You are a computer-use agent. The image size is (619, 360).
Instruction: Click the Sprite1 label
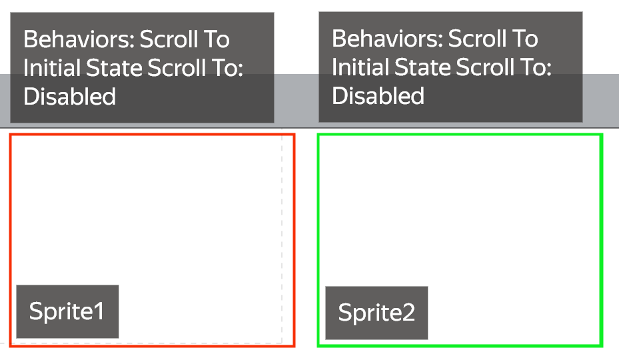(x=67, y=311)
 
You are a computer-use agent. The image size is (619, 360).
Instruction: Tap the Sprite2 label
(x=376, y=313)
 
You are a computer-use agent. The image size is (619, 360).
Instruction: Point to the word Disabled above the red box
(x=69, y=97)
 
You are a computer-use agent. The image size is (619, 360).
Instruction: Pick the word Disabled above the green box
(x=378, y=95)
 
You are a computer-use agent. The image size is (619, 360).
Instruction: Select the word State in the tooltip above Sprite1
(x=115, y=68)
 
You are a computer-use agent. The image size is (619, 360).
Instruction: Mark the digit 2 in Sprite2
(x=408, y=313)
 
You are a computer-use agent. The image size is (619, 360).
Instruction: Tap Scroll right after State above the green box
(x=486, y=67)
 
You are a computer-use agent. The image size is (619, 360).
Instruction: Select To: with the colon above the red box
(x=228, y=68)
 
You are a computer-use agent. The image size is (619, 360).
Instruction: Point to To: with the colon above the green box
(x=536, y=67)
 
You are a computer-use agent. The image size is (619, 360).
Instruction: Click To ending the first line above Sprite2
(x=526, y=39)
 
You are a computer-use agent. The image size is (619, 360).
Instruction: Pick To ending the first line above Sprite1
(x=217, y=39)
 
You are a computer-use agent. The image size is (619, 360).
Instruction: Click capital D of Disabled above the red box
(x=31, y=97)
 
